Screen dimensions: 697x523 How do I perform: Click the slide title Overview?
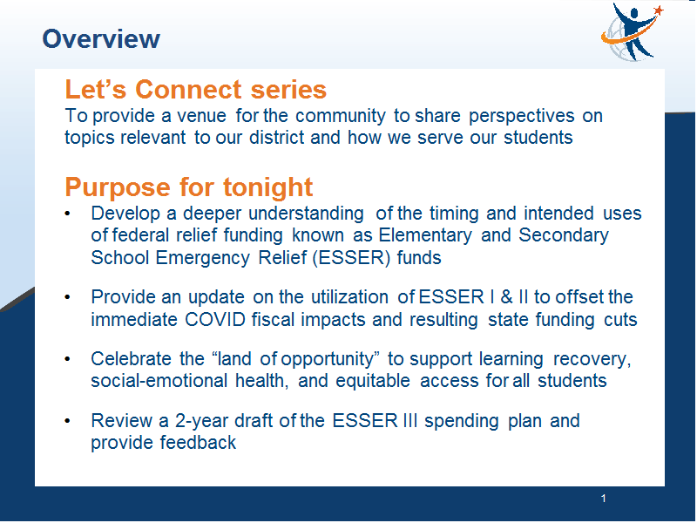pyautogui.click(x=101, y=38)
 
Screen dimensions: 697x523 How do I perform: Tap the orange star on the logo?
pyautogui.click(x=659, y=10)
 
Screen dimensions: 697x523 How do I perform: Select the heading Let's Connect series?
pyautogui.click(x=195, y=89)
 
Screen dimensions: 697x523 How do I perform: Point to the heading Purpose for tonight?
pyautogui.click(x=189, y=187)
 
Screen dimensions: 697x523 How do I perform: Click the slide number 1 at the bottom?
pyautogui.click(x=603, y=499)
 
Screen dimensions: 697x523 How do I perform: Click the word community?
pyautogui.click(x=340, y=116)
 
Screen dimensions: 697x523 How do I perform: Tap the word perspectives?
pyautogui.click(x=521, y=117)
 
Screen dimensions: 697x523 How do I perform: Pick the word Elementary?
pyautogui.click(x=425, y=235)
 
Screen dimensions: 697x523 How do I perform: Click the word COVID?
pyautogui.click(x=215, y=320)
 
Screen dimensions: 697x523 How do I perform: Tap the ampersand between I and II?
pyautogui.click(x=506, y=297)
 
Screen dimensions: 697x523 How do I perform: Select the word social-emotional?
pyautogui.click(x=159, y=381)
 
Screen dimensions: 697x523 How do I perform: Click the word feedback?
pyautogui.click(x=199, y=443)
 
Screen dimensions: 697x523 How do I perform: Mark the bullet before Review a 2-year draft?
pyautogui.click(x=68, y=421)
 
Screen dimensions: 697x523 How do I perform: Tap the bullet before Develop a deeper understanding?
pyautogui.click(x=68, y=214)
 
